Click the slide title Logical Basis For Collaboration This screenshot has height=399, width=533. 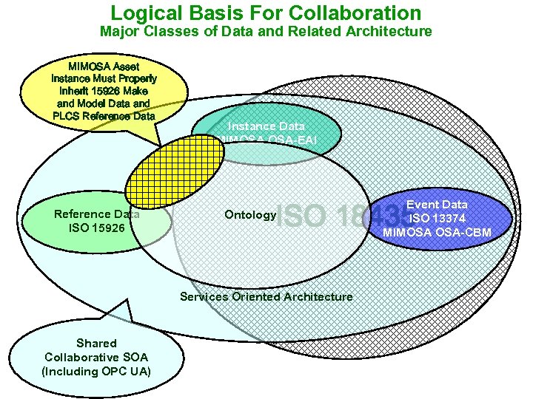[x=266, y=13]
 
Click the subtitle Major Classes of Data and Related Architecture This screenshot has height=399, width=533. [x=266, y=31]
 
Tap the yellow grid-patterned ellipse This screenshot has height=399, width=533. [x=175, y=173]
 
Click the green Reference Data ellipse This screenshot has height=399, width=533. [x=89, y=222]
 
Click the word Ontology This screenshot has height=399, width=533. [x=249, y=215]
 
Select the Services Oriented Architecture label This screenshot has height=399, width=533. [x=266, y=296]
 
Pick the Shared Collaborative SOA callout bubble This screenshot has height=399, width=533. [x=96, y=357]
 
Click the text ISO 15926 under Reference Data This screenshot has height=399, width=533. [x=96, y=228]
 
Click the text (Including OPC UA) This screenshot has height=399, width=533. [x=96, y=371]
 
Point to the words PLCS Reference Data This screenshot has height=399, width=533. [x=104, y=116]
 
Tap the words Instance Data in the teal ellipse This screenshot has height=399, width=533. [x=266, y=126]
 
